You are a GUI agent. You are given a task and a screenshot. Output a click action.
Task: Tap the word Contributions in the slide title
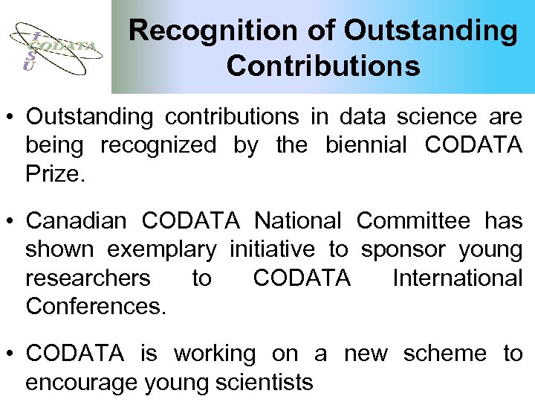323,66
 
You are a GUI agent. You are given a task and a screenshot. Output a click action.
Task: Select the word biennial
366,145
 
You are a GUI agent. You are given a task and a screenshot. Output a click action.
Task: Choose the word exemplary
163,249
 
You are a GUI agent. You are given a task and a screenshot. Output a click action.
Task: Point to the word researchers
88,278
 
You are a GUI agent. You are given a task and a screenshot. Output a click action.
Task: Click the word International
457,278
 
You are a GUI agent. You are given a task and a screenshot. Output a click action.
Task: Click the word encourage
81,383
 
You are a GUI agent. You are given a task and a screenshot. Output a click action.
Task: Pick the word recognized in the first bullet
158,145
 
